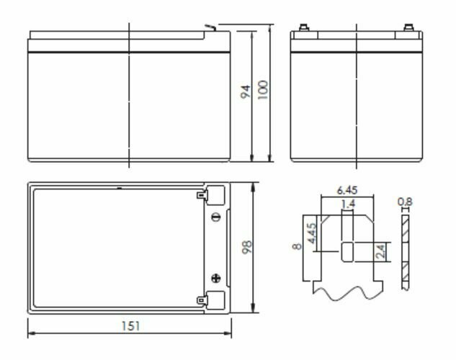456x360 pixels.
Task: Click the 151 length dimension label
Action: point(131,326)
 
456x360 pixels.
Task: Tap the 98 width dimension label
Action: point(247,247)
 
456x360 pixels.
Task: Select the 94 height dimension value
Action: point(246,92)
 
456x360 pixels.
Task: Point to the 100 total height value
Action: point(263,90)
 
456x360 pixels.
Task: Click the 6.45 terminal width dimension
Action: point(347,190)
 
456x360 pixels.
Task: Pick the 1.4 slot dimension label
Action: point(349,204)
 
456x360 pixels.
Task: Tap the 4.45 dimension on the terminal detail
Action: point(312,233)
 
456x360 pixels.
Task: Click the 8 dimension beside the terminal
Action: point(298,247)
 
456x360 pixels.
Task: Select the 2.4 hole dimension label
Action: point(380,251)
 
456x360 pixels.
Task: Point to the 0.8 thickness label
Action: point(405,202)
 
